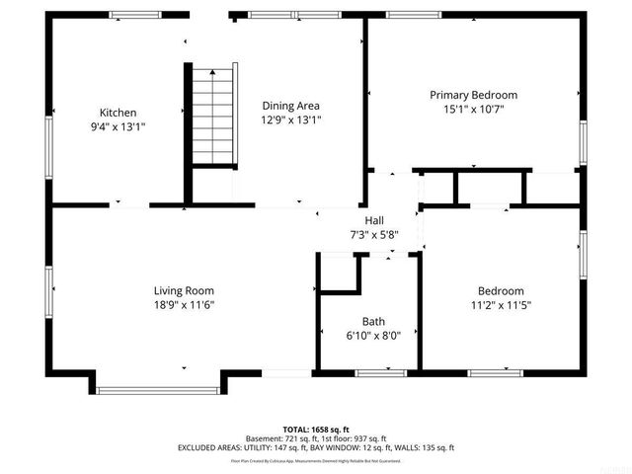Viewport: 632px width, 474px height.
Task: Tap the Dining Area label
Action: pos(290,106)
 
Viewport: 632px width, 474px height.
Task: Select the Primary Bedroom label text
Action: pos(473,95)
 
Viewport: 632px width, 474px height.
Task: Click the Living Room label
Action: pos(184,290)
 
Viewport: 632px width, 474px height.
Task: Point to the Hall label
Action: pos(374,221)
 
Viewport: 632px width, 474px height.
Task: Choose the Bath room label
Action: pos(373,321)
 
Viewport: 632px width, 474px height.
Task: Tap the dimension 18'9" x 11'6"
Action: pos(184,305)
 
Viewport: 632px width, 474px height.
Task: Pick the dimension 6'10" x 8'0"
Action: pos(373,336)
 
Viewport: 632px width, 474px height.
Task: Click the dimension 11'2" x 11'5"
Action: pos(501,305)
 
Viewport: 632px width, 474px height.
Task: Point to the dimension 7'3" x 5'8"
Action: pos(374,235)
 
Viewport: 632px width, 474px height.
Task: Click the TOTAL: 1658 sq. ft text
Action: pos(315,430)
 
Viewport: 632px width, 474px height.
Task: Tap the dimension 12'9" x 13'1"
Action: pos(290,119)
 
